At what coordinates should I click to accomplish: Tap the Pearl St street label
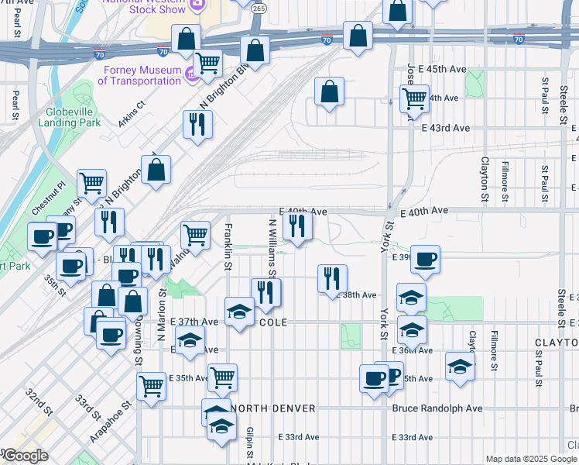(15, 106)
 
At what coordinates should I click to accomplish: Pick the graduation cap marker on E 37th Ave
(240, 312)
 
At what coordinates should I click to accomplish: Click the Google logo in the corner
(25, 456)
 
